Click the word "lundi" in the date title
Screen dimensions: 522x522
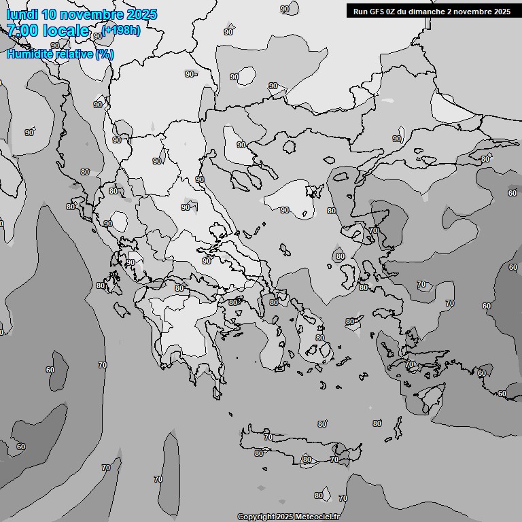coord(22,14)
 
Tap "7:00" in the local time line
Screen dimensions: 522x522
coord(21,31)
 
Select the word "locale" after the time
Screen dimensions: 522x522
coord(66,31)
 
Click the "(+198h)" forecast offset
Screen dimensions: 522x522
coord(122,30)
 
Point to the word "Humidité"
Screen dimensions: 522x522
coord(31,54)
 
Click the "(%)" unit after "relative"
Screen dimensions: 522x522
coord(105,54)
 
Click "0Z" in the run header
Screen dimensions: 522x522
coord(398,11)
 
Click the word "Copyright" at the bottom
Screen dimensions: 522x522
coord(257,517)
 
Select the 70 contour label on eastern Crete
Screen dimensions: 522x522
coord(334,460)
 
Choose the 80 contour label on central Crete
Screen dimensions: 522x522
coord(307,460)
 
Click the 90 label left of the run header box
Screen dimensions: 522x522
coord(284,9)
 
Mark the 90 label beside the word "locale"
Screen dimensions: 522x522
coord(98,36)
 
